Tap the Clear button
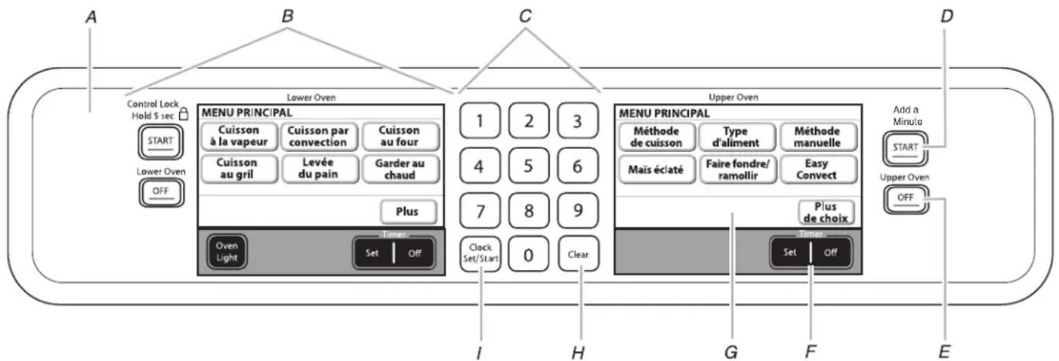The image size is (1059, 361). click(579, 254)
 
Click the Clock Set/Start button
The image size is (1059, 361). click(480, 254)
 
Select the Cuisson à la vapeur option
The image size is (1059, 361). click(239, 136)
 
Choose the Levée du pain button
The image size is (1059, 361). click(318, 168)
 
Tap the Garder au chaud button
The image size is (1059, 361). click(400, 169)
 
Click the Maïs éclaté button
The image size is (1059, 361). click(657, 170)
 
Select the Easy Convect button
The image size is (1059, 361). click(817, 170)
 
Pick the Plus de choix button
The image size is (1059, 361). click(826, 212)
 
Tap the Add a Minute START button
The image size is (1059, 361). click(905, 148)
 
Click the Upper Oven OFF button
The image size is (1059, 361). click(905, 198)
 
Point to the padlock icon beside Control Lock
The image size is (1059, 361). click(183, 113)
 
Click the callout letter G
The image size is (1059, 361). click(731, 352)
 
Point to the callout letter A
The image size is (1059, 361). click(91, 18)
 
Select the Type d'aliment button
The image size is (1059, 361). click(737, 137)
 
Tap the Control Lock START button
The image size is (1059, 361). click(160, 142)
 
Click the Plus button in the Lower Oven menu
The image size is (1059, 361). click(408, 211)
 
